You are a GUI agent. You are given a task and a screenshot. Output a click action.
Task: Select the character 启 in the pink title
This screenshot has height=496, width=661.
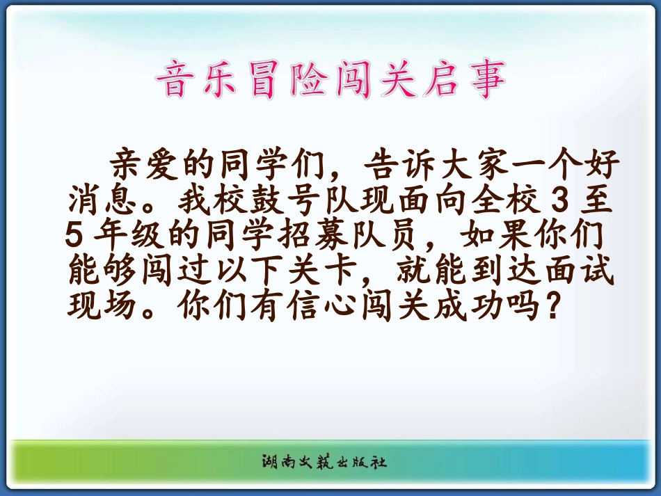[442, 79]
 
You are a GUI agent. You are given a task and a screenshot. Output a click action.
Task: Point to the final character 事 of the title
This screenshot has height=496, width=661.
[488, 79]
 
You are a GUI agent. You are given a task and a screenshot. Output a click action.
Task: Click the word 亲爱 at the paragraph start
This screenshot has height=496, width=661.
[145, 163]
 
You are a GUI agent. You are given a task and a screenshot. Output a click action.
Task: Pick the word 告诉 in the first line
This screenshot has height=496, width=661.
[399, 163]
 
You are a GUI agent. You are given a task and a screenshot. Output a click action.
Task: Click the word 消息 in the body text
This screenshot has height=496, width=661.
[104, 198]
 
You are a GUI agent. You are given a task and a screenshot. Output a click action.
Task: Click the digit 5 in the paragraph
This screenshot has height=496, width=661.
[74, 234]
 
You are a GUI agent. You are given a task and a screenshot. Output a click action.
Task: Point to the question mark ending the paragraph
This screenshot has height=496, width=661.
[552, 304]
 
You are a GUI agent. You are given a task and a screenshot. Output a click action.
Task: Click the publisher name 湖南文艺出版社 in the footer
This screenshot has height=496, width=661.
[324, 462]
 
